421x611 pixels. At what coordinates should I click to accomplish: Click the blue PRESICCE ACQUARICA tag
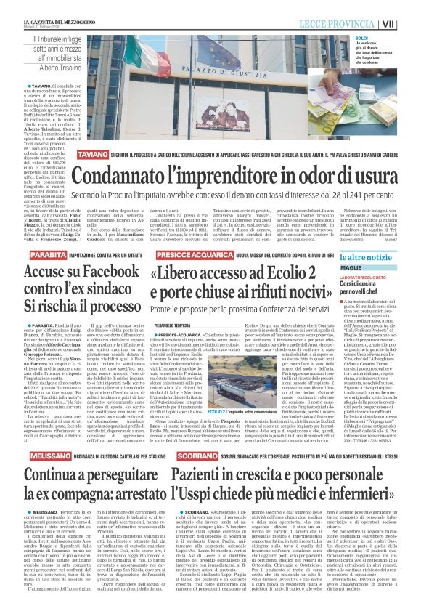181,255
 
